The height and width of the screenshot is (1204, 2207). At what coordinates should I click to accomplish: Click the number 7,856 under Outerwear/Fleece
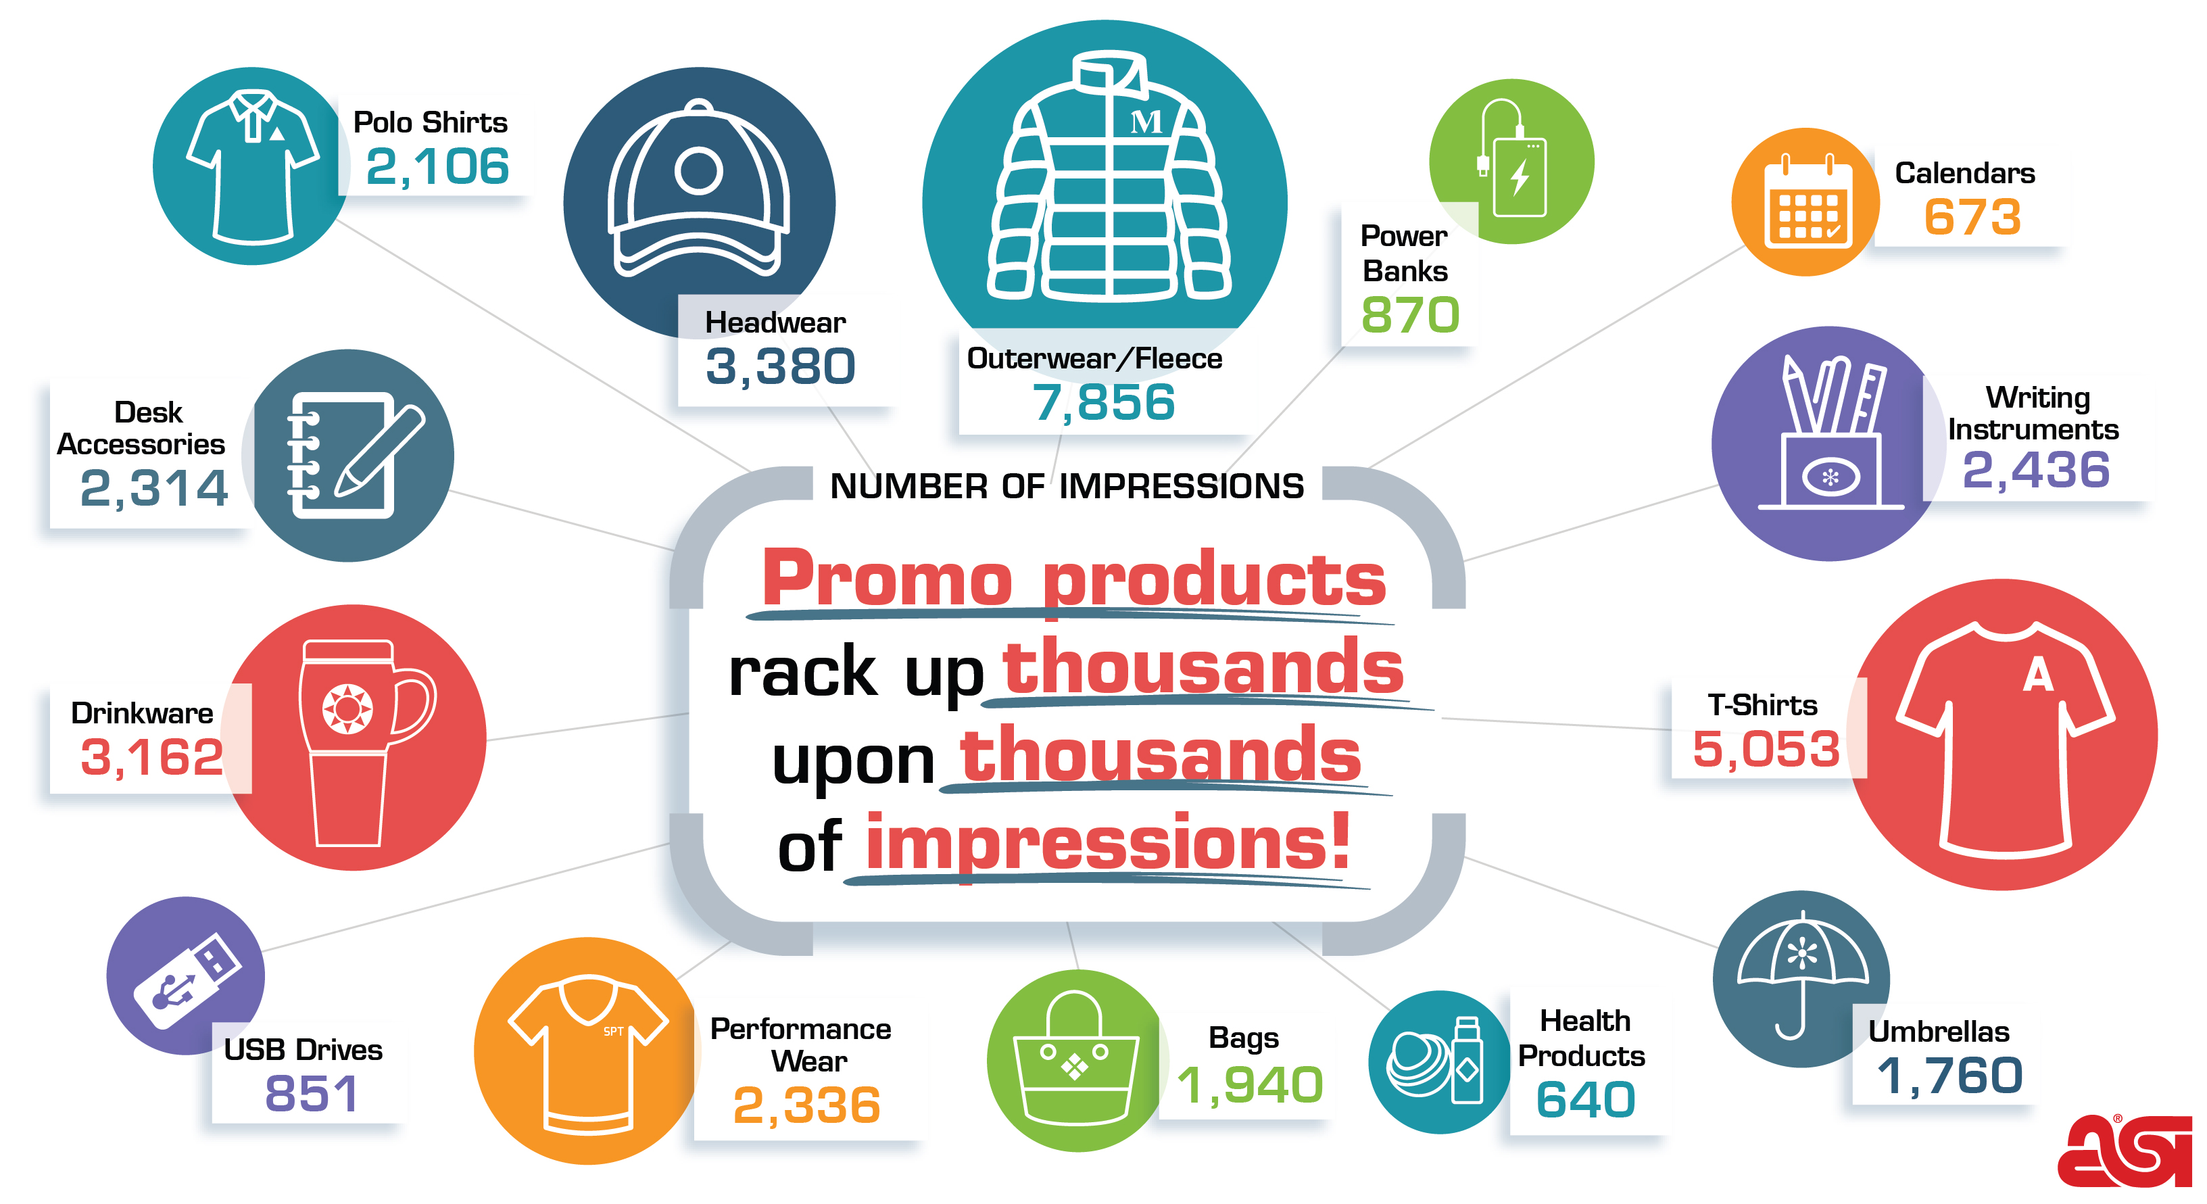(x=1103, y=403)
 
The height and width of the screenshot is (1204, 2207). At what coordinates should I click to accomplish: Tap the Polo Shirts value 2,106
(x=437, y=166)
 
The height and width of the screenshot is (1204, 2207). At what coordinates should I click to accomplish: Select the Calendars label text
(x=1964, y=173)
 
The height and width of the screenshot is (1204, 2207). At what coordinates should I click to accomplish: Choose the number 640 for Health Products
(x=1585, y=1099)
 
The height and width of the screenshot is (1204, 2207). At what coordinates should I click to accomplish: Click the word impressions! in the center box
(x=1108, y=844)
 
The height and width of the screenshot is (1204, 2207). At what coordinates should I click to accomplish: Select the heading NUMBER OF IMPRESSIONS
(x=1067, y=487)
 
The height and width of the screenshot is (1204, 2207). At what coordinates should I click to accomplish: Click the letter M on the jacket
(x=1146, y=122)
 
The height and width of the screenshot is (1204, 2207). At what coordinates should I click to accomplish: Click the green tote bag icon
(x=1074, y=1059)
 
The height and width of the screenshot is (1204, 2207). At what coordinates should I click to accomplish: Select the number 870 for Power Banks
(x=1410, y=315)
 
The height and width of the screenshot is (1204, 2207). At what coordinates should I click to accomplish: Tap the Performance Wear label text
(x=801, y=1044)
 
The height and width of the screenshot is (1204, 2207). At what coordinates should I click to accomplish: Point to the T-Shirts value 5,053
(x=1766, y=749)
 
